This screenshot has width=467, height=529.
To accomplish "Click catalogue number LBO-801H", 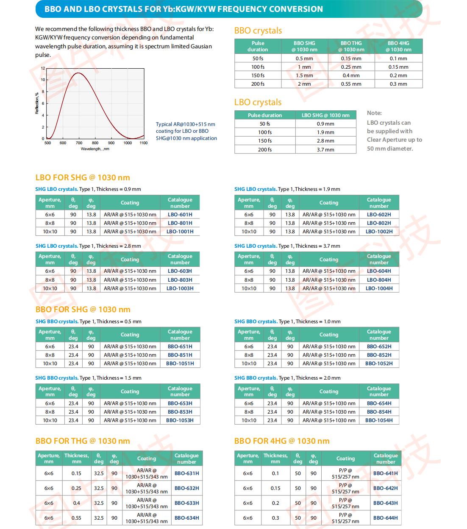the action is click(x=180, y=223).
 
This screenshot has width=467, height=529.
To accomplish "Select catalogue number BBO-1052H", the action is click(x=379, y=363).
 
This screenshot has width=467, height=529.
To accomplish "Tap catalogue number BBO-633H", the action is click(x=186, y=503).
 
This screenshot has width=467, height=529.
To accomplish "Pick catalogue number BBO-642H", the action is click(x=385, y=488).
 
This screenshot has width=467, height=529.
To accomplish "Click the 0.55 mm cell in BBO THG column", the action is click(x=351, y=84).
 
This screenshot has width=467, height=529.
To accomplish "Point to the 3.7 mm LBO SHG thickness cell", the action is click(x=325, y=150).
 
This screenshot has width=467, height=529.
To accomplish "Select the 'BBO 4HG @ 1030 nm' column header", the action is click(x=398, y=46).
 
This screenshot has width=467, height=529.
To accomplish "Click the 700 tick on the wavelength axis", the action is click(x=79, y=143).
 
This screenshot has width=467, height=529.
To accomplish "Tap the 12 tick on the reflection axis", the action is click(x=43, y=68).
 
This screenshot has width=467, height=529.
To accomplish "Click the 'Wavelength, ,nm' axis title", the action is click(x=95, y=149).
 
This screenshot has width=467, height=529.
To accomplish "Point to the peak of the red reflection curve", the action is click(x=78, y=73).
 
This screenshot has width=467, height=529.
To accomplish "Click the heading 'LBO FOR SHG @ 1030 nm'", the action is click(x=83, y=178).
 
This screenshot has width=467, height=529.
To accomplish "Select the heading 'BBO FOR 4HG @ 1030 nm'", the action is click(x=282, y=441).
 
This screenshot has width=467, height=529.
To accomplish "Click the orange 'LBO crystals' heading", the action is click(x=258, y=102).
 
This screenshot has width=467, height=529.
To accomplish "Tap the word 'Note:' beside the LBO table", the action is click(x=374, y=113).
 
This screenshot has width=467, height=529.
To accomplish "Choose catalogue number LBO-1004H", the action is click(x=379, y=288).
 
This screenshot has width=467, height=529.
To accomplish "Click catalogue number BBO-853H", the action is click(x=180, y=412).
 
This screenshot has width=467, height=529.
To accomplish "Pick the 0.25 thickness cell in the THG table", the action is click(x=76, y=488).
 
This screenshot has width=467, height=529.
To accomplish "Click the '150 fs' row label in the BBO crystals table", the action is click(x=258, y=76).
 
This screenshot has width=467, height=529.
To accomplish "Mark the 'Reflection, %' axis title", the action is click(x=37, y=104).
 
